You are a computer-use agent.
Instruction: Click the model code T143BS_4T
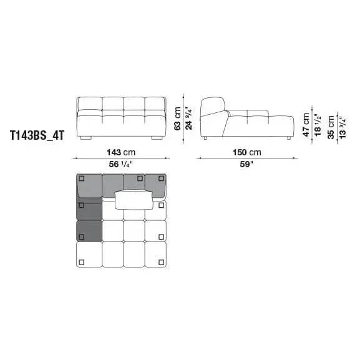tap(37, 135)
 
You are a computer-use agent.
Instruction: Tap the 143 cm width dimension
tap(121, 152)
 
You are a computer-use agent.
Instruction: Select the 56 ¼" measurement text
tap(121, 164)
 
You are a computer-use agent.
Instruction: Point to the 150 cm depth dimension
tap(247, 152)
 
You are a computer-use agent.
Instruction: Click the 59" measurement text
tap(246, 164)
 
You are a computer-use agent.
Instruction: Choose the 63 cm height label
tap(177, 119)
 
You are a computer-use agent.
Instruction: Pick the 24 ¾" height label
tap(188, 119)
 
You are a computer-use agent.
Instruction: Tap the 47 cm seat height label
tap(306, 124)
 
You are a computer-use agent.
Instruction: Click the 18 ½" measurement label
tap(318, 126)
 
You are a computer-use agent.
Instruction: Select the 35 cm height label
tap(331, 127)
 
